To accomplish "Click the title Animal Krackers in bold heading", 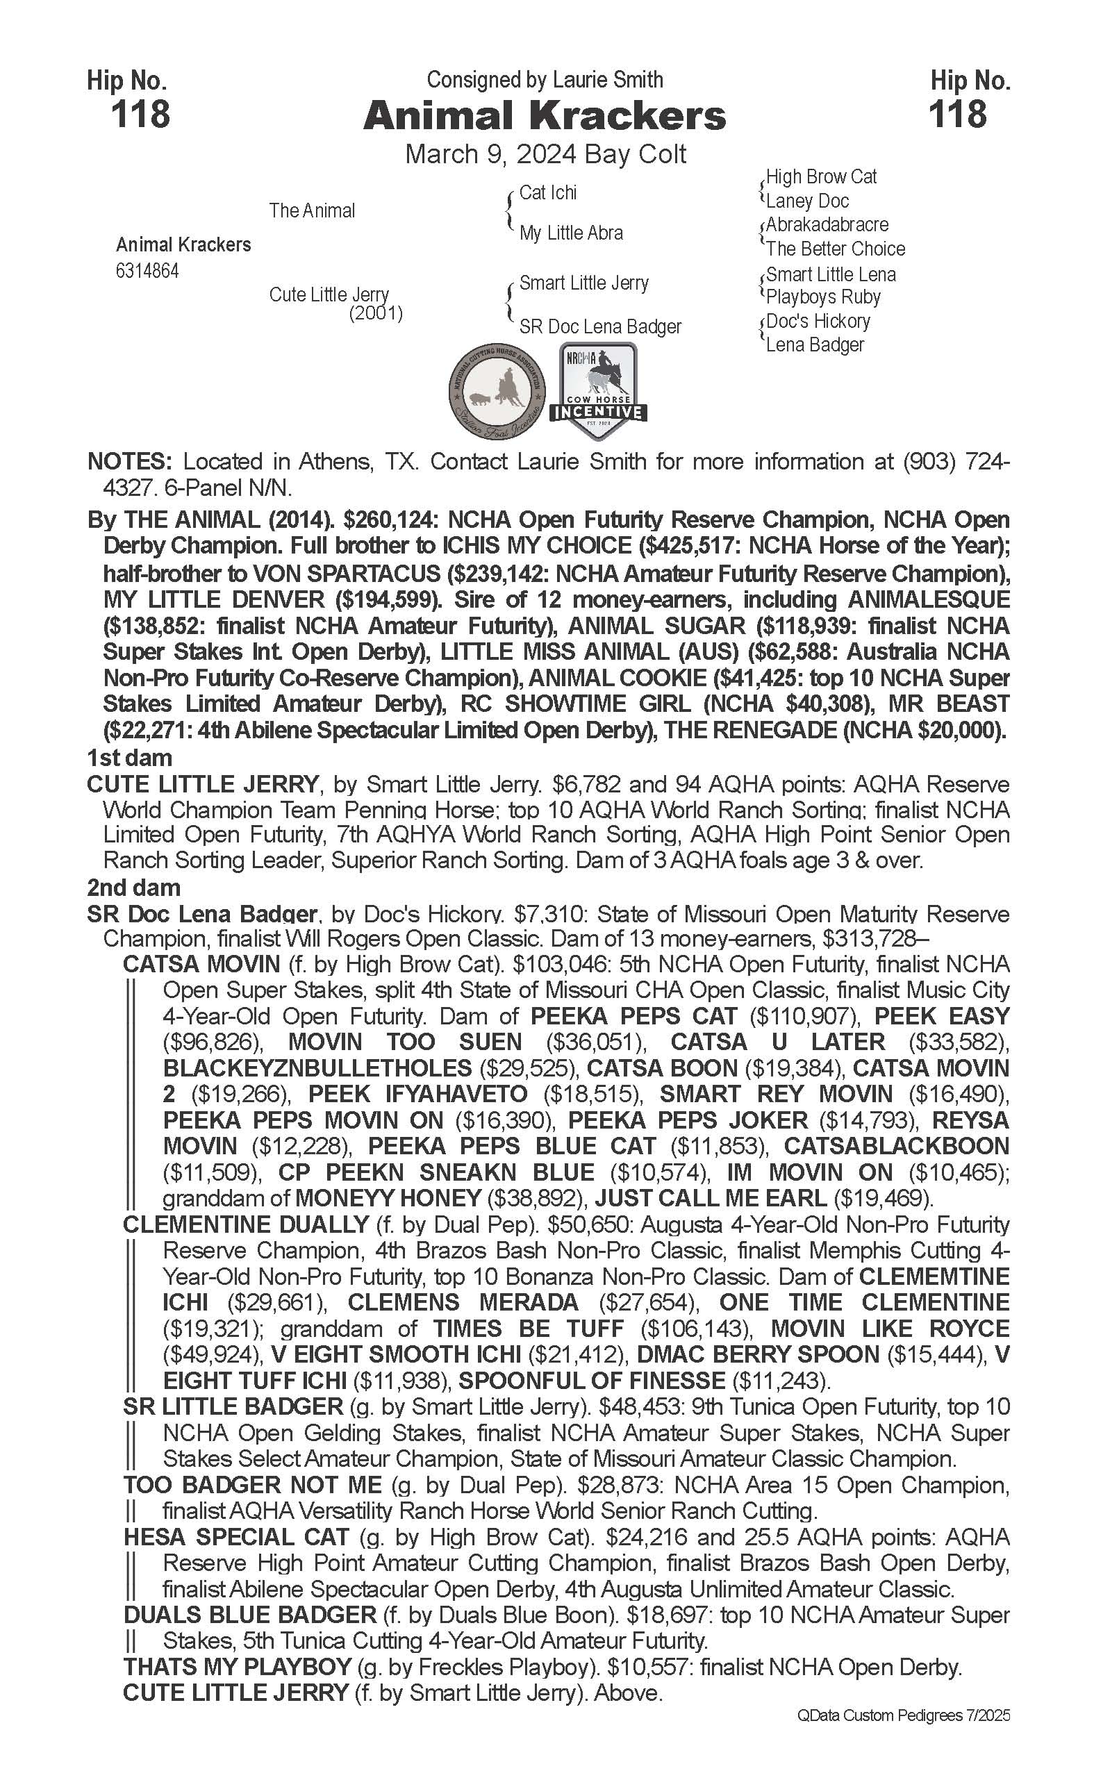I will pyautogui.click(x=544, y=116).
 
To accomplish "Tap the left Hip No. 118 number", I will pyautogui.click(x=140, y=115).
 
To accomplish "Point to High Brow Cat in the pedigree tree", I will pyautogui.click(x=820, y=176).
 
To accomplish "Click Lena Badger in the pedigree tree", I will pyautogui.click(x=815, y=345).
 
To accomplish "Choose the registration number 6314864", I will pyautogui.click(x=147, y=272).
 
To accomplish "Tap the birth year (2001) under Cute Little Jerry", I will pyautogui.click(x=376, y=313).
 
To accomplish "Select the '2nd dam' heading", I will pyautogui.click(x=134, y=888).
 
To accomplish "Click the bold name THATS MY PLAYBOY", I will pyautogui.click(x=238, y=1668).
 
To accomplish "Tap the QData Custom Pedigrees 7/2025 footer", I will pyautogui.click(x=904, y=1715).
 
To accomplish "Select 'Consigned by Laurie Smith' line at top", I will pyautogui.click(x=544, y=80).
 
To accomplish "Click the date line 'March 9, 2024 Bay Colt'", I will pyautogui.click(x=545, y=154).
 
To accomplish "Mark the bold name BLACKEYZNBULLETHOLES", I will pyautogui.click(x=317, y=1069).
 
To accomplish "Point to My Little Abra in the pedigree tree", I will pyautogui.click(x=571, y=233).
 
